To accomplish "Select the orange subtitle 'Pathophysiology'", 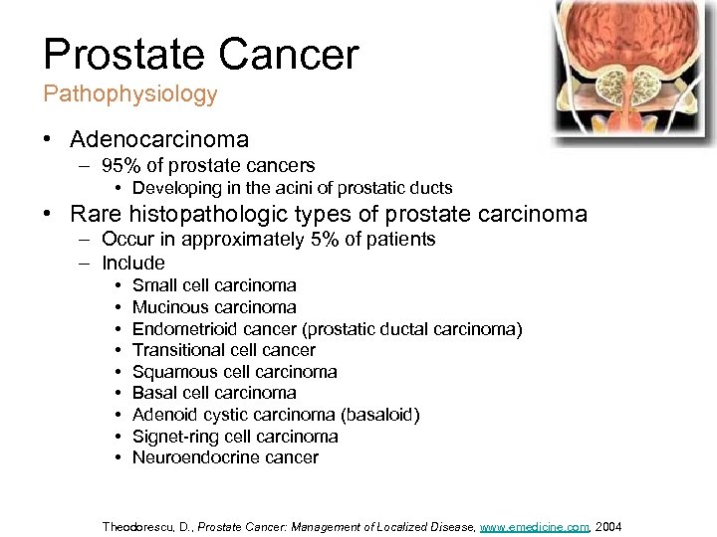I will click(129, 94).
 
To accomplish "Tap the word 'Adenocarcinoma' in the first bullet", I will click(159, 139).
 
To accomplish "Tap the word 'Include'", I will click(133, 263).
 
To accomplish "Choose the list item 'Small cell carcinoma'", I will click(214, 285).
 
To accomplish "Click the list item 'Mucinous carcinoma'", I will click(214, 307).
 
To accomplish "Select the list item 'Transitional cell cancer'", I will click(223, 349).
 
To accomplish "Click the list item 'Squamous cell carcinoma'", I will click(234, 372).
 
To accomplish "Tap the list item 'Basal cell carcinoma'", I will click(214, 393).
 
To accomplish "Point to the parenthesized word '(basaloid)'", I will click(380, 415).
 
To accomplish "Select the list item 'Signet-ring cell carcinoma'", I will click(235, 437).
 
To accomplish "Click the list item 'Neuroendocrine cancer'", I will click(225, 457).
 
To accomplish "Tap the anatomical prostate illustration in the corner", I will click(634, 70).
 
